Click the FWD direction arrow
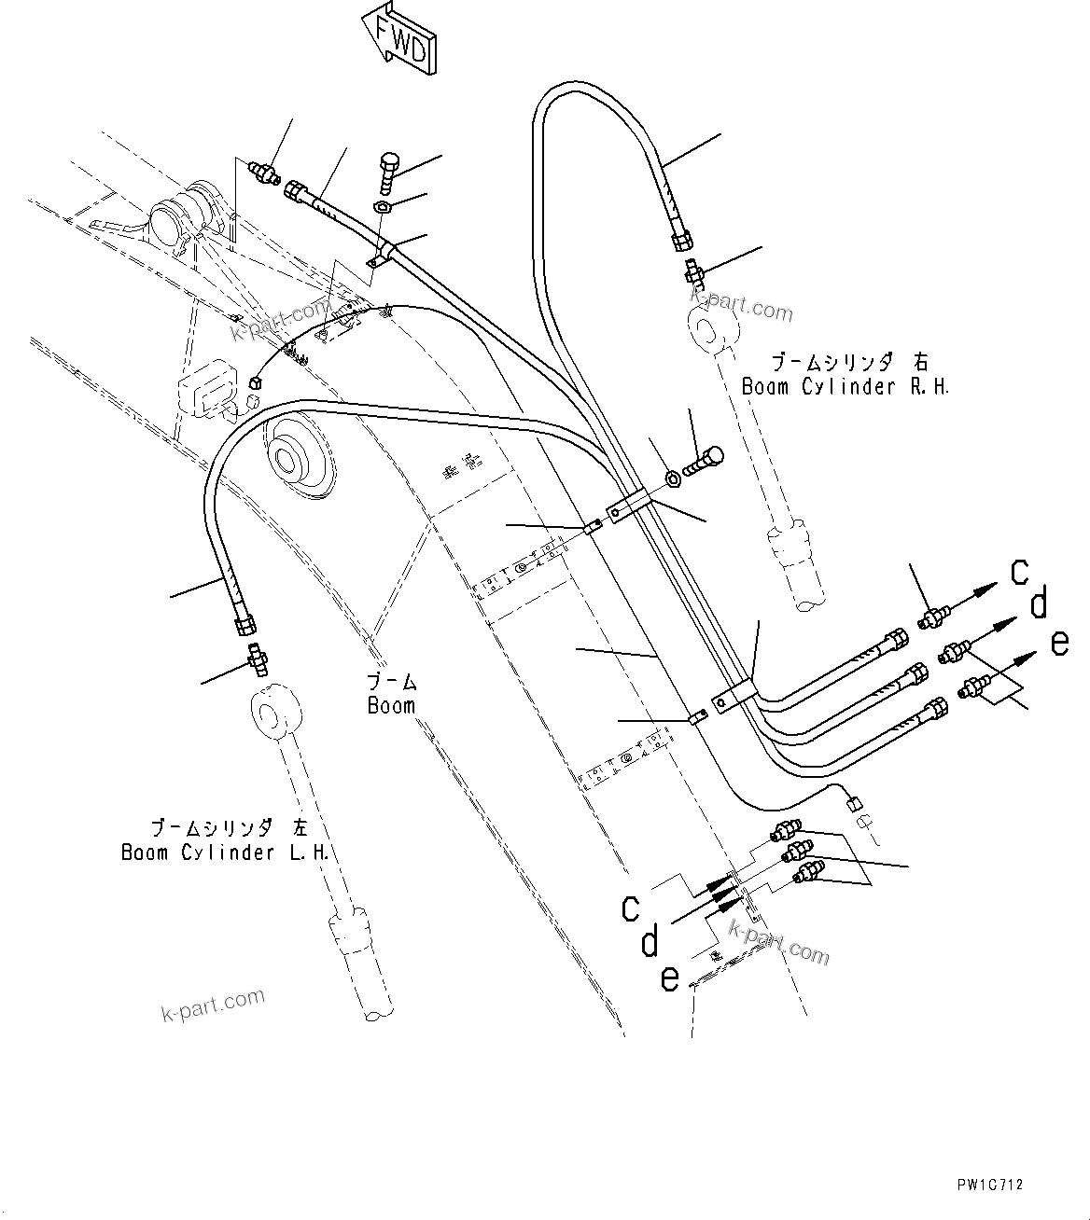pyautogui.click(x=396, y=38)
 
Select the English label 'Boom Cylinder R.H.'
pyautogui.click(x=845, y=386)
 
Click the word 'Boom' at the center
pyautogui.click(x=391, y=705)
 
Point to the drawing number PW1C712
pyautogui.click(x=989, y=1185)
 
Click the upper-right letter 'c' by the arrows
pyautogui.click(x=1021, y=572)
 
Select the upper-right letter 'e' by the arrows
pyautogui.click(x=1059, y=644)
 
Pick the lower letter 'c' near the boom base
pyautogui.click(x=632, y=907)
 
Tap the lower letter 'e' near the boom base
pyautogui.click(x=670, y=979)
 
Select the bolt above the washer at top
pyautogui.click(x=389, y=172)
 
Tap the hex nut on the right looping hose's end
pyautogui.click(x=681, y=242)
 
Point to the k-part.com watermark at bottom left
pyautogui.click(x=214, y=1005)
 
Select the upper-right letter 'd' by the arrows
pyautogui.click(x=1039, y=606)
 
